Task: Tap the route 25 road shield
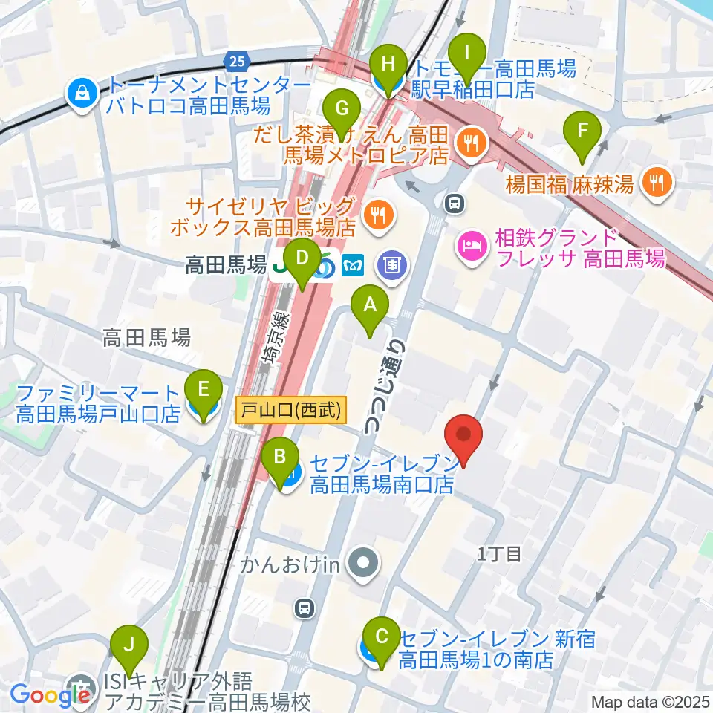coord(236,59)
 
